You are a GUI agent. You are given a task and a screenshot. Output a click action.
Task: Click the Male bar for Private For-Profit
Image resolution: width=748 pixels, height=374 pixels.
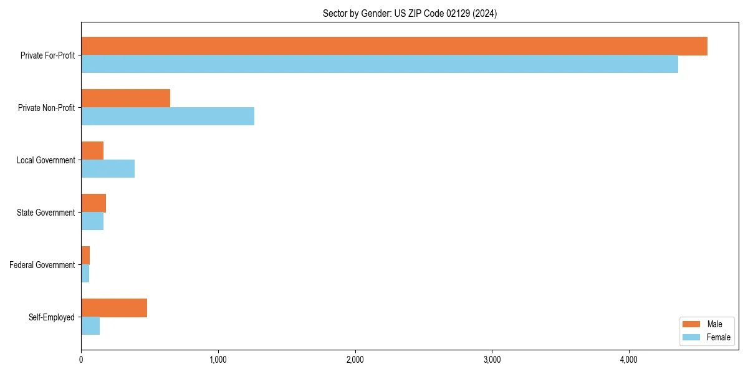click(x=394, y=46)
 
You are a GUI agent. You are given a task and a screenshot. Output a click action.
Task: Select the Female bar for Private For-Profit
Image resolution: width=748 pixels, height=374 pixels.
click(x=380, y=64)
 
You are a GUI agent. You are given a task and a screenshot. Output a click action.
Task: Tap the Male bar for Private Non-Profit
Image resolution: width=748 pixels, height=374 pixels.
click(x=125, y=98)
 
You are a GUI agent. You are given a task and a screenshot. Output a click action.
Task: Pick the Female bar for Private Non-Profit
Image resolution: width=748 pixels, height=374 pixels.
click(x=168, y=117)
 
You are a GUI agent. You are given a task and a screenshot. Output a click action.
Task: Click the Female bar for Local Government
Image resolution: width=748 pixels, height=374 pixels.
click(x=108, y=169)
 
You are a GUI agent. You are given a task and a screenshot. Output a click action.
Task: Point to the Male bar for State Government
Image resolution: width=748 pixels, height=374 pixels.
click(x=93, y=203)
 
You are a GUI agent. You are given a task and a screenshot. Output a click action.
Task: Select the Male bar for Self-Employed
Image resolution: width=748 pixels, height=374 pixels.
click(x=114, y=308)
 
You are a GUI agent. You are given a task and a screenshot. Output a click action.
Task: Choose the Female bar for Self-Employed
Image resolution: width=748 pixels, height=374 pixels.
click(x=90, y=326)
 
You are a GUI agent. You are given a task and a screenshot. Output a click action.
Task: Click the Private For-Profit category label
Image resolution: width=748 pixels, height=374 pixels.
click(x=47, y=55)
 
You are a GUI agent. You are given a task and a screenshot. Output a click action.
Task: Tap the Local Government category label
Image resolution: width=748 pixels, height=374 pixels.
click(x=46, y=160)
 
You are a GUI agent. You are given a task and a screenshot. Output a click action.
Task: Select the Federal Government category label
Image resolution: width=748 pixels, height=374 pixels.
click(x=42, y=265)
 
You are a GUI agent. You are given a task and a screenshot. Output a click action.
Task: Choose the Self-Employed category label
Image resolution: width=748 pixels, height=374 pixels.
click(x=52, y=317)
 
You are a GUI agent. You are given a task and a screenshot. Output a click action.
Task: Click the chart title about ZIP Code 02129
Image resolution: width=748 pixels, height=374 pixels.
click(x=410, y=13)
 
